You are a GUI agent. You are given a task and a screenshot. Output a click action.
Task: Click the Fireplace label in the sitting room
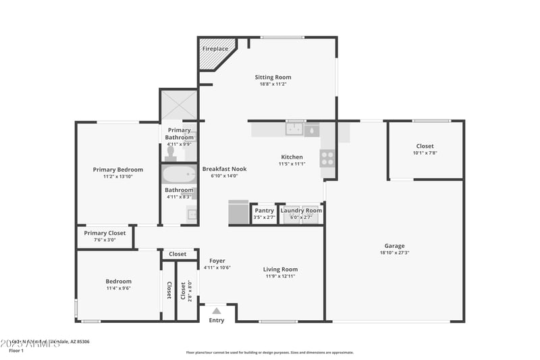215,49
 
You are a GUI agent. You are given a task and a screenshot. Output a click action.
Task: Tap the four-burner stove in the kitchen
327,157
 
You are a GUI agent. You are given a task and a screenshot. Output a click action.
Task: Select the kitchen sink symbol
294,128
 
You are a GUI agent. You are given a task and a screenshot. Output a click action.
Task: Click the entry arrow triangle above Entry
216,311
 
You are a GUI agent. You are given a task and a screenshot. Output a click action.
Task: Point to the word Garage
395,246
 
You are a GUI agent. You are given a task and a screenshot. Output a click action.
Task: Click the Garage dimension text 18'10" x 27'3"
395,253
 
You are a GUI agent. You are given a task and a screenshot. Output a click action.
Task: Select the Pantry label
264,211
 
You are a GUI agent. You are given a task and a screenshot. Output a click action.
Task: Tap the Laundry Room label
301,211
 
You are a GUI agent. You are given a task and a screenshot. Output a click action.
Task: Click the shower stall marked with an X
179,105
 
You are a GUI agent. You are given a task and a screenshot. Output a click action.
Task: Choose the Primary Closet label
105,233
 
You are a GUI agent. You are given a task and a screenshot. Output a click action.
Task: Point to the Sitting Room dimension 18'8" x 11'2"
273,84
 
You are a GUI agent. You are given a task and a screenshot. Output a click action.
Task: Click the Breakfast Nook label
225,169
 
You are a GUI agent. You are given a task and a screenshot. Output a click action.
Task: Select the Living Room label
280,269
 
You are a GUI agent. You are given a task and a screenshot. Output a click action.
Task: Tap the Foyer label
217,261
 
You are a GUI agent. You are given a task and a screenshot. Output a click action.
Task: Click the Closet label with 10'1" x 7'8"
425,146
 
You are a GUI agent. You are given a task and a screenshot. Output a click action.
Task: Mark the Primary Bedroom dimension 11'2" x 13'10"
117,176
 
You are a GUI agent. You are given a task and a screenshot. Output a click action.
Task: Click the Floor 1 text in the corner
16,351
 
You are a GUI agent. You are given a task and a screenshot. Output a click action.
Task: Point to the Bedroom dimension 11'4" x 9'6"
118,288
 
